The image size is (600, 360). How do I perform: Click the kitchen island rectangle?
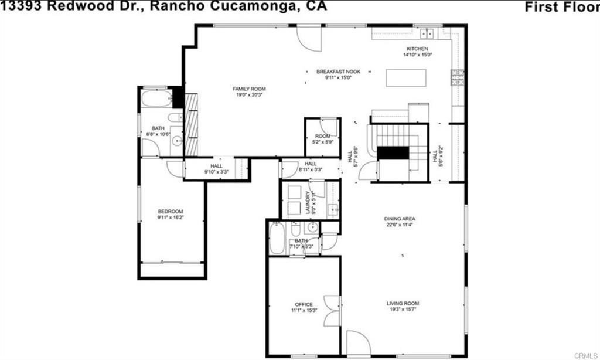coord(406,78)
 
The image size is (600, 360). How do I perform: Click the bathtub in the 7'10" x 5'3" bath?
coord(277,239)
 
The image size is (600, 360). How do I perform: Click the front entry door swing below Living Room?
coord(358,343)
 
